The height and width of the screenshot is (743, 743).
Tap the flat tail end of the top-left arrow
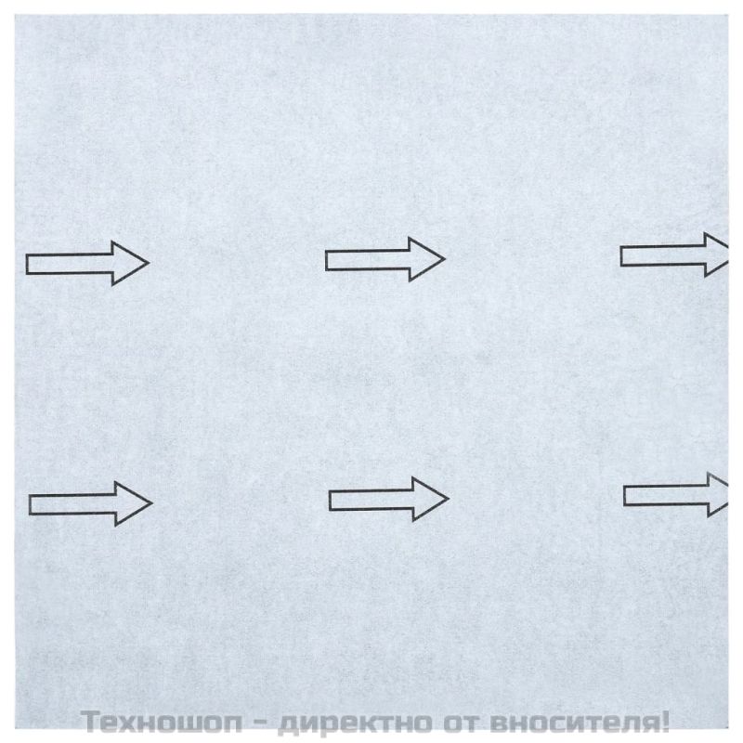tap(27, 264)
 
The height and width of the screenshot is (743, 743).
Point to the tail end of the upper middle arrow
tap(327, 261)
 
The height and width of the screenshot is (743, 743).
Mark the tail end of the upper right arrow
tap(621, 256)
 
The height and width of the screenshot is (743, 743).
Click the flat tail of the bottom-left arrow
tap(31, 504)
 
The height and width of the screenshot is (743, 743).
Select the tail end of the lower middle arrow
tap(331, 501)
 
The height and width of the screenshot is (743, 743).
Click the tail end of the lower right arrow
tap(625, 496)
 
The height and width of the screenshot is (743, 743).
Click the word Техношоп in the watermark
tap(163, 722)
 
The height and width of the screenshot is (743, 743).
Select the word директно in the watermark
tap(356, 723)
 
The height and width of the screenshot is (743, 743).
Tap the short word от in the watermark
tap(461, 723)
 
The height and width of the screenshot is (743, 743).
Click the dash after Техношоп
tap(261, 723)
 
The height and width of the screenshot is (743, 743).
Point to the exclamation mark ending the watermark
tap(663, 721)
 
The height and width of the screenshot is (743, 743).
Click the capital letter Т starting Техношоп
tap(91, 722)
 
